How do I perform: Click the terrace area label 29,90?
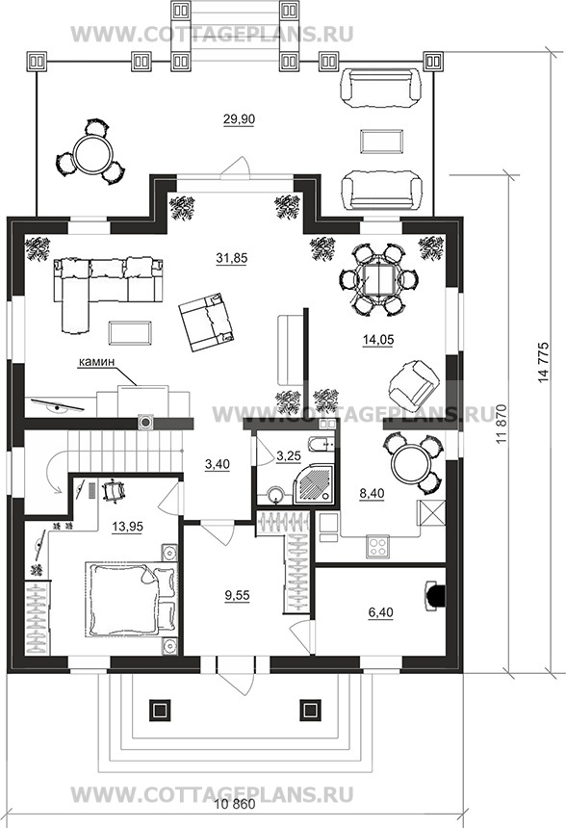239,119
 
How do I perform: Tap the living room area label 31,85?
231,258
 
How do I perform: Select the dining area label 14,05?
378,340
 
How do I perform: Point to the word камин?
96,362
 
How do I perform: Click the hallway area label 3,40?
217,464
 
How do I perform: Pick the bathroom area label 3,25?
289,455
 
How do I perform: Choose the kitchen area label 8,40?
372,493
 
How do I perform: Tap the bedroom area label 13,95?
127,527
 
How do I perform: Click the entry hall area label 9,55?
237,595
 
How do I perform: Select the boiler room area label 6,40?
380,612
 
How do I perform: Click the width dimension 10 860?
236,804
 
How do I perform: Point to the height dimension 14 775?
545,362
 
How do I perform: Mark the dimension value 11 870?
502,425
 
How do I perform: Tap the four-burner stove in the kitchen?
378,546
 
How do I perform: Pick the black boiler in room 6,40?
436,596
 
